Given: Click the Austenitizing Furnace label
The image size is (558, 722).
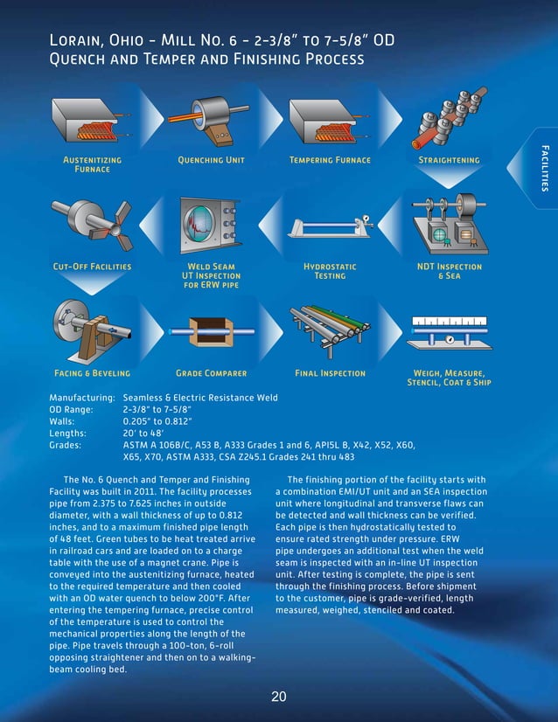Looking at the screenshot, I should click(x=92, y=164).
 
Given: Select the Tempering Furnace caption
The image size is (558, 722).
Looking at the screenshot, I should click(x=330, y=160).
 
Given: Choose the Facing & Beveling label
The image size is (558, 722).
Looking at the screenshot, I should click(x=92, y=373).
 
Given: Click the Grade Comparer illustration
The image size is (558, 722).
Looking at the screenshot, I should click(x=211, y=330).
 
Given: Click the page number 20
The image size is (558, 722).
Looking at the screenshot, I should click(x=278, y=697).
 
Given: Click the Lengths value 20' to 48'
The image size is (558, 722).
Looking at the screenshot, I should click(x=143, y=432).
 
